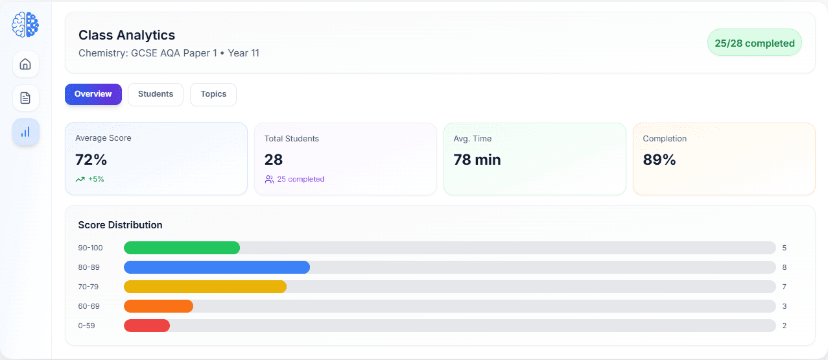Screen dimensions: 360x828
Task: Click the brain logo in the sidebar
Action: click(x=25, y=25)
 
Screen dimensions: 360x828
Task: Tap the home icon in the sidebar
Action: click(x=25, y=64)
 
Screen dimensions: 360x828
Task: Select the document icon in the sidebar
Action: click(x=25, y=98)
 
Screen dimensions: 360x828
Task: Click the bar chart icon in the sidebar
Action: click(x=25, y=132)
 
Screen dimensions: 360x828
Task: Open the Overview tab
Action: click(x=93, y=94)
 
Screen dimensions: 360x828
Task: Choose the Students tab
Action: click(x=156, y=94)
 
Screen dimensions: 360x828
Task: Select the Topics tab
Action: click(x=213, y=94)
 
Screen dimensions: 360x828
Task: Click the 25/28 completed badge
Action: click(x=754, y=43)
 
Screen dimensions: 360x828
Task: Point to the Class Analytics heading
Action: click(x=126, y=35)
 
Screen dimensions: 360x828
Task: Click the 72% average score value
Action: click(x=91, y=160)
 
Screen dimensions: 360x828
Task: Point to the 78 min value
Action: click(x=477, y=160)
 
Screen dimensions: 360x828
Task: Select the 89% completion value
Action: click(x=659, y=160)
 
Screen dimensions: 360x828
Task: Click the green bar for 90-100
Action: click(x=182, y=248)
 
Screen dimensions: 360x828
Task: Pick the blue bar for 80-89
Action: click(x=217, y=267)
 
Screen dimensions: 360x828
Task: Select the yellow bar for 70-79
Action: click(x=205, y=287)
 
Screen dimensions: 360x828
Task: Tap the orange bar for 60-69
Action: click(x=158, y=306)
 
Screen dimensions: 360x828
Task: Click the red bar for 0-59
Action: click(x=147, y=326)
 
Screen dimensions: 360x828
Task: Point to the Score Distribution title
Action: click(x=120, y=225)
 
